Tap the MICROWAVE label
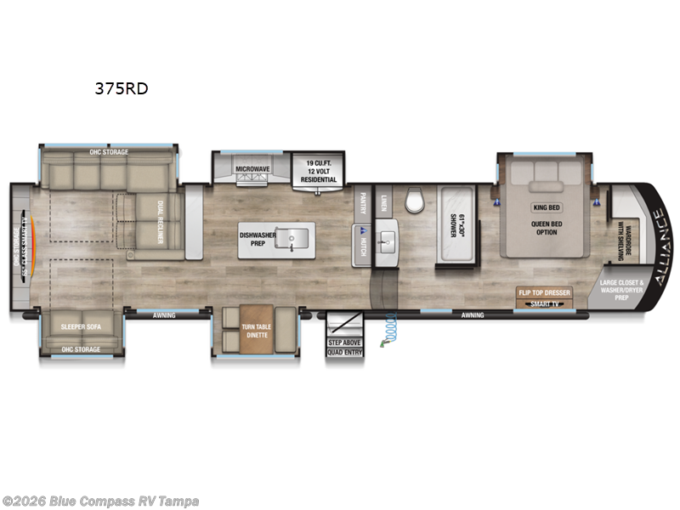coord(253,169)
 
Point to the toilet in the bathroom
coord(415,201)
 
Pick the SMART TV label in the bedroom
coord(545,303)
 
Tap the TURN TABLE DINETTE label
coord(255,331)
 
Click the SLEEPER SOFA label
coord(82,326)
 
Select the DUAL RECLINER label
coord(161,218)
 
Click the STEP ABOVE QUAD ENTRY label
coord(345,347)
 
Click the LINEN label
coord(384,201)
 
